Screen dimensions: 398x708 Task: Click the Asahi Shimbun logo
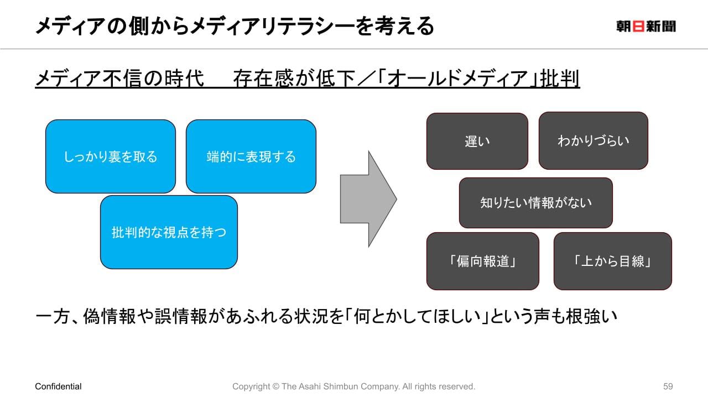tap(645, 26)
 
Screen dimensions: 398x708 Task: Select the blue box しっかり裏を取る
tap(110, 156)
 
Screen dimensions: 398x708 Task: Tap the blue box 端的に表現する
tap(251, 156)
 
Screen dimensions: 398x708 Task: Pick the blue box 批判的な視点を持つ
tap(169, 232)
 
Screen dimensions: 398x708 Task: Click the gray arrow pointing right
tap(368, 198)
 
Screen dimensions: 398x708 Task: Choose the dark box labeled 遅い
tap(477, 141)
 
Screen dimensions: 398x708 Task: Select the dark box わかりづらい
tap(593, 140)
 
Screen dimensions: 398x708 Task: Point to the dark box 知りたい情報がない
tap(535, 202)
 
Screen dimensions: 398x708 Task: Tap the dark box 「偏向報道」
tap(482, 261)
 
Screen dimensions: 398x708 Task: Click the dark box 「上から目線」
tap(612, 261)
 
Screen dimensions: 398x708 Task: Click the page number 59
tap(668, 386)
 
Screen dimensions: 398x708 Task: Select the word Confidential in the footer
tap(58, 386)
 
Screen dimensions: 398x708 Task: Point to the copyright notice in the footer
tap(353, 386)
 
